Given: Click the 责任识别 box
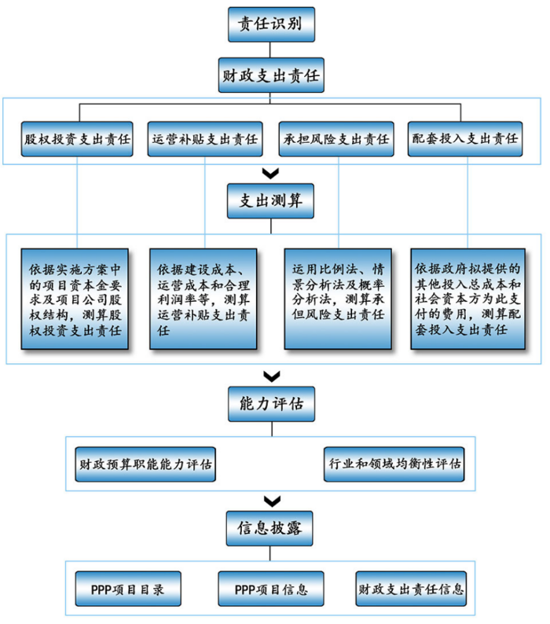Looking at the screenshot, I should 271,24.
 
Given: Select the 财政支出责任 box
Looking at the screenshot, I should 271,76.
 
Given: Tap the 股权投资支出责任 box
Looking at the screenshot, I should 78,139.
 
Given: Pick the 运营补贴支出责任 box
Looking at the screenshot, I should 205,139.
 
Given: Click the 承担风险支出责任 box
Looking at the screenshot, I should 337,139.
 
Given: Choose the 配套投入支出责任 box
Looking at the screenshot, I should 466,139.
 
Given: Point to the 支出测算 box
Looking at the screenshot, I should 271,201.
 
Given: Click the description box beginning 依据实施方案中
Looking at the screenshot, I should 78,299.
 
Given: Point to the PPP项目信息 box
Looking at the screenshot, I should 271,588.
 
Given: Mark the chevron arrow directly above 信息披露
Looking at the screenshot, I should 271,501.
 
